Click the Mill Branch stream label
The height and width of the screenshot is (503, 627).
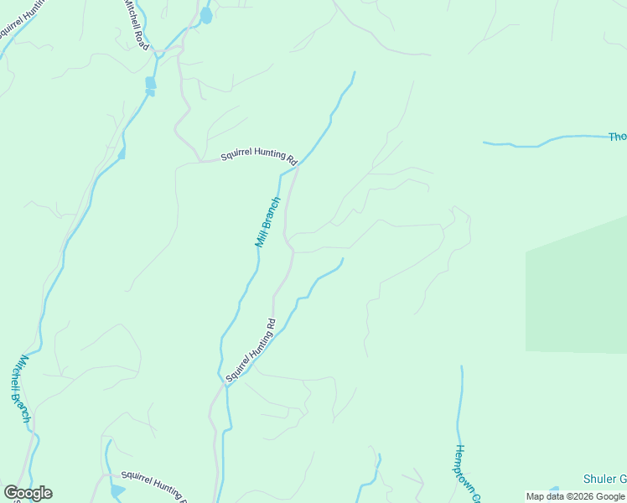coord(267,221)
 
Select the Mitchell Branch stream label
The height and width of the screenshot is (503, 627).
coord(22,387)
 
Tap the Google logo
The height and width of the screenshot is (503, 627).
coord(28,493)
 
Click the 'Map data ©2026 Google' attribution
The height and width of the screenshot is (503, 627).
coord(575,496)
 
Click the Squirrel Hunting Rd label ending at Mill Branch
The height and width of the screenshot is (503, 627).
coord(259,157)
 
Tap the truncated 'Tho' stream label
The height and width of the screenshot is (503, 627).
coord(617,137)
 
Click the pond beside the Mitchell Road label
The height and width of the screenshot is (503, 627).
coord(205,16)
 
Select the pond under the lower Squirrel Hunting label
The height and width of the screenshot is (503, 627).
coord(117,490)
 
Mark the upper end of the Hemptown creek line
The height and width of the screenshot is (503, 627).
coord(461,366)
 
